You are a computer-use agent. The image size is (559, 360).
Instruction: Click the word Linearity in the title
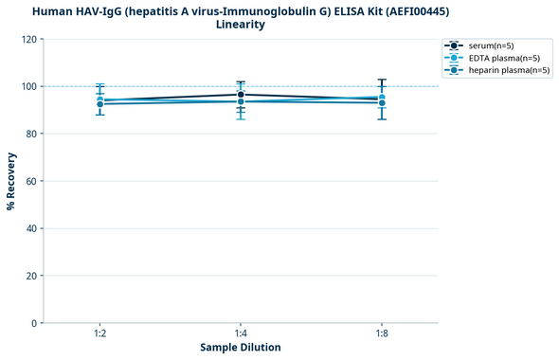(x=240, y=25)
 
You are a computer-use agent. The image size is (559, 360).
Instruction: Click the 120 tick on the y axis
(x=30, y=39)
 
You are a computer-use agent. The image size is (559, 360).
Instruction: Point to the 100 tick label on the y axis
(x=30, y=86)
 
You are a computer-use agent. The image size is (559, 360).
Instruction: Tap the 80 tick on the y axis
(x=33, y=134)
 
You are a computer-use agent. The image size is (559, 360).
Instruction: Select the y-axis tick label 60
(x=33, y=181)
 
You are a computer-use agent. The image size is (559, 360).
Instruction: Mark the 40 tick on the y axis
(x=33, y=228)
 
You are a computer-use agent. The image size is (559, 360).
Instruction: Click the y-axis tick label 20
(x=33, y=276)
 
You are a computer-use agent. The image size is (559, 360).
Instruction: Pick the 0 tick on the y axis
(x=36, y=323)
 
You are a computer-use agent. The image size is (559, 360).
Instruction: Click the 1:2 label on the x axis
(x=99, y=334)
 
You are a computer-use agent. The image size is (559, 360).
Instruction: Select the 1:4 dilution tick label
(x=241, y=334)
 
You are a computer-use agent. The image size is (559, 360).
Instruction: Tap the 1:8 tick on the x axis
(x=382, y=334)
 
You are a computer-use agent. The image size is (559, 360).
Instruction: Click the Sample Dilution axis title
(x=241, y=348)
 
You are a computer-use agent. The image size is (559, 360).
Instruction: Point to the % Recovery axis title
(x=11, y=181)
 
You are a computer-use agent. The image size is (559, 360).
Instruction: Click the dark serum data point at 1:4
(x=241, y=95)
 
